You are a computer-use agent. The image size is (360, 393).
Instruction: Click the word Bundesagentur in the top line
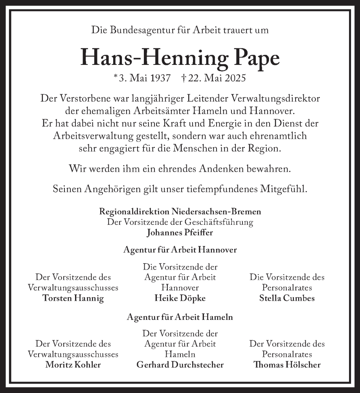point(132,30)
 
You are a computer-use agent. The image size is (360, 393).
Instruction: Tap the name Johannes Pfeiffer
point(180,232)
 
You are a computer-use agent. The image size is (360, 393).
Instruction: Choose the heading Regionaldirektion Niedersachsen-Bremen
point(180,211)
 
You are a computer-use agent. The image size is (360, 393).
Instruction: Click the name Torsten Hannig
point(73,298)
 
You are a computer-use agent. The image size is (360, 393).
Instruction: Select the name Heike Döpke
point(180,298)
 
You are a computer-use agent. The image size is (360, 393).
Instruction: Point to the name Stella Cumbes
point(287,298)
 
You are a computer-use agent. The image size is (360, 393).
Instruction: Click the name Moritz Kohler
point(73,365)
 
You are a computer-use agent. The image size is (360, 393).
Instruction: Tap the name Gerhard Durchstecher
point(180,365)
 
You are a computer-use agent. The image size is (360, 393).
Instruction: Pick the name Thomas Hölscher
point(287,365)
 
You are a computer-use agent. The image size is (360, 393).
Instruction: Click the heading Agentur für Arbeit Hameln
point(180,317)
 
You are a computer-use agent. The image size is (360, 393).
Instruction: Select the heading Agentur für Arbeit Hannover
point(180,250)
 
